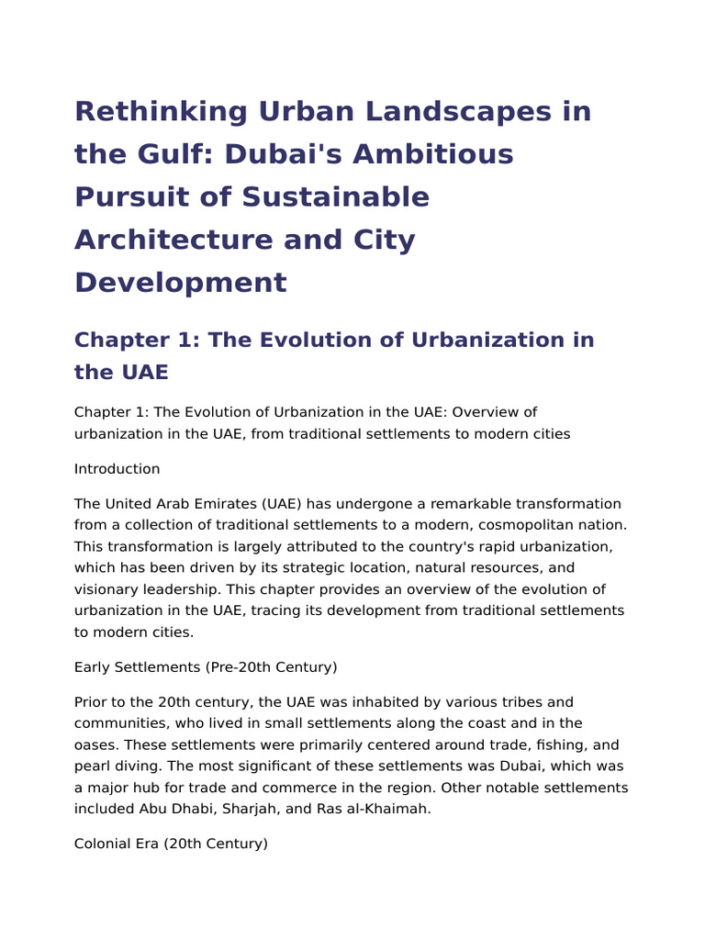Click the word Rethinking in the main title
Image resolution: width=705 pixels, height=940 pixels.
coord(162,111)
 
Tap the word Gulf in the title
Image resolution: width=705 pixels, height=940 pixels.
coord(161,154)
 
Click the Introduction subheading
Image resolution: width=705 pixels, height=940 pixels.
coord(117,469)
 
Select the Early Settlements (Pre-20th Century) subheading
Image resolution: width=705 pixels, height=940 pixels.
coord(206,667)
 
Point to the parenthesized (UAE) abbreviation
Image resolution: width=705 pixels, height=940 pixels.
coord(277,504)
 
